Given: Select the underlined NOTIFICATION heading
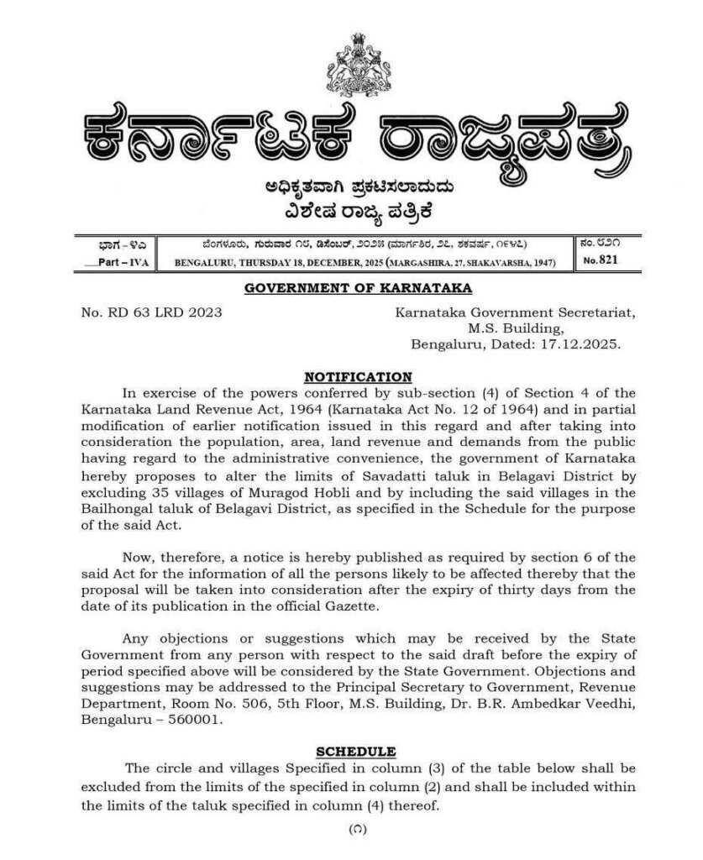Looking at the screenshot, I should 358,376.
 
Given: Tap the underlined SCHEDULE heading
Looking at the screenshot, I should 356,751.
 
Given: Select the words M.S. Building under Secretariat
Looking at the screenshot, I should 516,328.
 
